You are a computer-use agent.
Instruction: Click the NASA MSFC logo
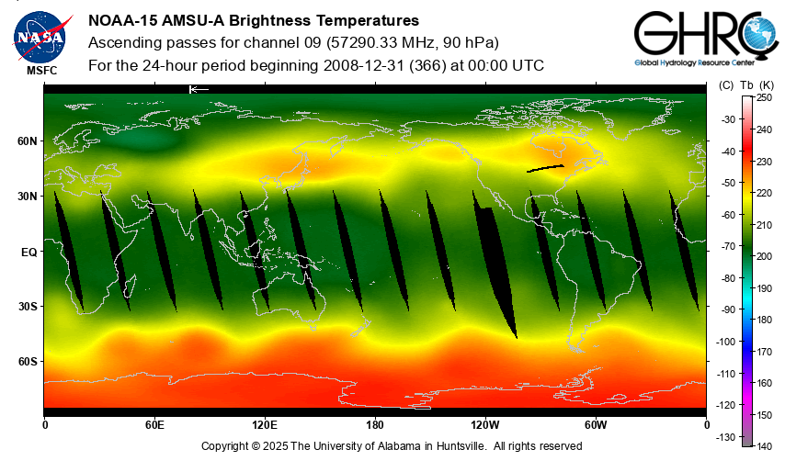pos(40,38)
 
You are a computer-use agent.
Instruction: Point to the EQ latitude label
pos(28,252)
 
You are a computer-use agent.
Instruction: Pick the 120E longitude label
pos(265,425)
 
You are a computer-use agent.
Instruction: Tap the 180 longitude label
pos(375,425)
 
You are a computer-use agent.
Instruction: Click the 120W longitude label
pos(485,425)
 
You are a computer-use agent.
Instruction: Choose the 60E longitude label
pos(154,425)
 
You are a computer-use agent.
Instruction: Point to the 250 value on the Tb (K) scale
pos(764,97)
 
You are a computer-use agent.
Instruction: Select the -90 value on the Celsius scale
pos(728,309)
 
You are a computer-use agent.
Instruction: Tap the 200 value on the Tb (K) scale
pos(764,256)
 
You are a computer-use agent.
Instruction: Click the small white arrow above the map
pos(198,89)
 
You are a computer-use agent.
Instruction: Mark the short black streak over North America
pos(544,168)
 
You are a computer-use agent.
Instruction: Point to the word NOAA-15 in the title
pos(119,20)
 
